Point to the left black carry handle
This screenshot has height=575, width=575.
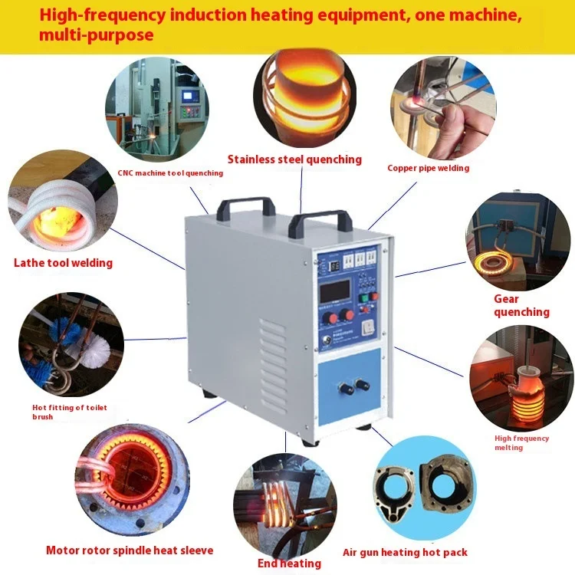click(246, 206)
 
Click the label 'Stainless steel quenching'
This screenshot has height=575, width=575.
click(294, 159)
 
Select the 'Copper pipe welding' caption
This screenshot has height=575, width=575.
click(428, 168)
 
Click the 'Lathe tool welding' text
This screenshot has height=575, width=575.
click(63, 263)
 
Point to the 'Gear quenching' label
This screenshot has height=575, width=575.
click(521, 305)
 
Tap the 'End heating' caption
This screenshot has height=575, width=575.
click(289, 563)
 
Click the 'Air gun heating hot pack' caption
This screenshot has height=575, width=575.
click(405, 552)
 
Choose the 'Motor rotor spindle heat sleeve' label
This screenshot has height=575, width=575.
click(130, 550)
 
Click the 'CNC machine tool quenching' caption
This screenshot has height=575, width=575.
click(170, 173)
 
